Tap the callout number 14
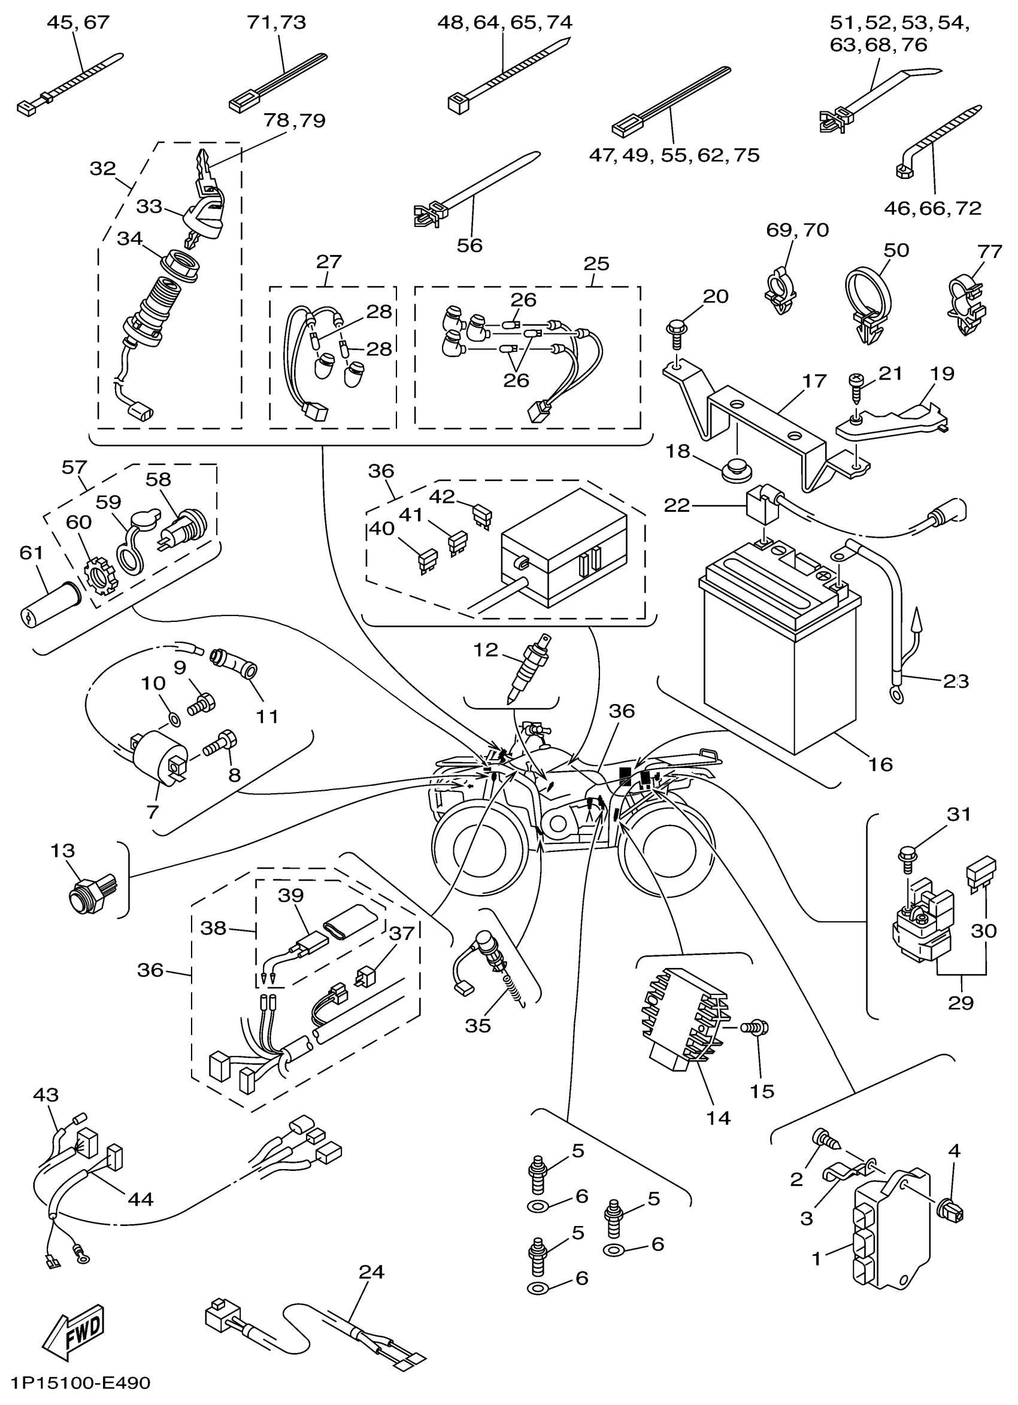click(719, 1118)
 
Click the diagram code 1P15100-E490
click(80, 1383)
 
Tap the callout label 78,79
click(294, 120)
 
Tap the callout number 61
click(32, 552)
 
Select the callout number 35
click(478, 1025)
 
